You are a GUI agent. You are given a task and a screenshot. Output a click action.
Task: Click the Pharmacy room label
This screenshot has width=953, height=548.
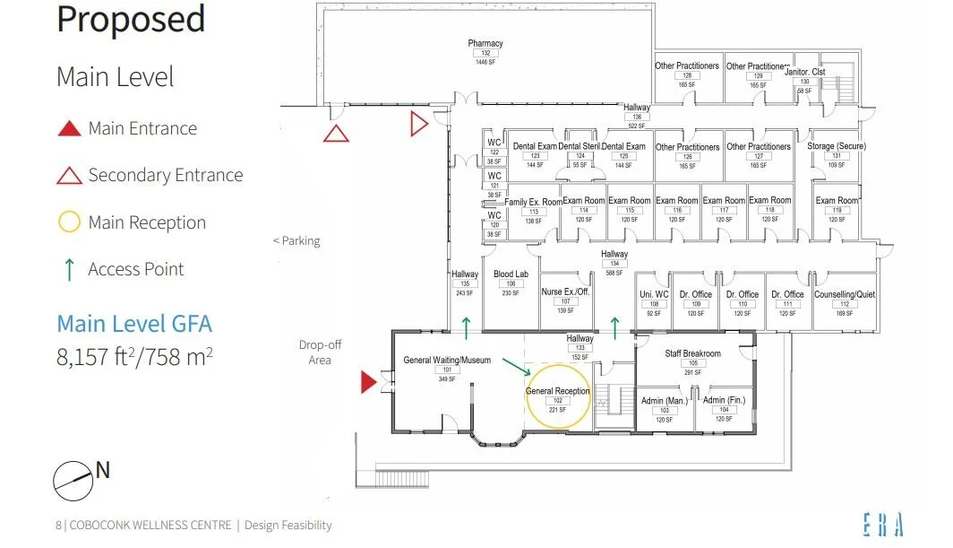(485, 43)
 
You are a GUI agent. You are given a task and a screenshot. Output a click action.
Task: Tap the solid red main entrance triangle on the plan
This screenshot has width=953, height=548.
(368, 383)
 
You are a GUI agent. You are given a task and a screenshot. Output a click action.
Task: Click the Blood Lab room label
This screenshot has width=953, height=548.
(511, 274)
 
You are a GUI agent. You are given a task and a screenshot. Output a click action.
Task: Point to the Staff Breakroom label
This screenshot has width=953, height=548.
(692, 353)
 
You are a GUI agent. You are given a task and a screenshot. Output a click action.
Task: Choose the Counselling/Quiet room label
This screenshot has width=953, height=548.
(845, 294)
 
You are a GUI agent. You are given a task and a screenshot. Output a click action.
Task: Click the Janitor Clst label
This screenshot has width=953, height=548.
(804, 72)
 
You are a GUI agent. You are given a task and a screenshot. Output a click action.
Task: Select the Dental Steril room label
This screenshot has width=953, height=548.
(579, 146)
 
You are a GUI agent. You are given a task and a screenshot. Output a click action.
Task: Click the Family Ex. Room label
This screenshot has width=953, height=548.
(533, 202)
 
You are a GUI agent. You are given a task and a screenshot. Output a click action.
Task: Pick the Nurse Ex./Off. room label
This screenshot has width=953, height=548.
(565, 291)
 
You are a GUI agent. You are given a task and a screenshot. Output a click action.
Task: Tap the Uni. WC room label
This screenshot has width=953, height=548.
(654, 294)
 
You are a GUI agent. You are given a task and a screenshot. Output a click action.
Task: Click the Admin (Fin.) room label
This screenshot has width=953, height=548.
(725, 400)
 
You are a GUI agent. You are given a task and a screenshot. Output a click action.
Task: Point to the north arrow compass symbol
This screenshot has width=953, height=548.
(73, 480)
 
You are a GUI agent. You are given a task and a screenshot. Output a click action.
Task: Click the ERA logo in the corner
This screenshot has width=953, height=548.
(883, 525)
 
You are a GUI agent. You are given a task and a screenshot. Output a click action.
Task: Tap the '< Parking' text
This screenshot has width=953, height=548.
(296, 241)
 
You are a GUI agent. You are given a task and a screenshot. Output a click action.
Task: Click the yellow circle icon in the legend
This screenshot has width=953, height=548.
(69, 222)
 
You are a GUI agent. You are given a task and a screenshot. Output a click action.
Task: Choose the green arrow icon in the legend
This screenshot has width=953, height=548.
(69, 269)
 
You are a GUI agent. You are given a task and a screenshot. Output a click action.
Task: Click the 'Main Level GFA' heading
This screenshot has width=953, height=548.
(134, 324)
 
